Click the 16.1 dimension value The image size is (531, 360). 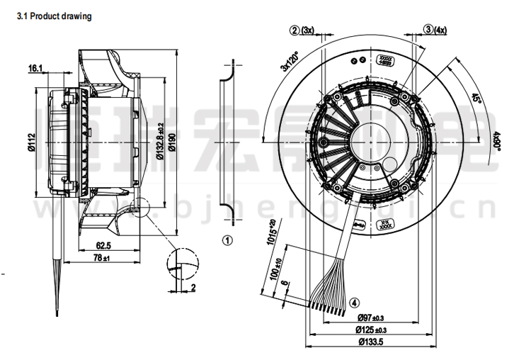coord(36,69)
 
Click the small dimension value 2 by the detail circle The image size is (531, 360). coord(193,288)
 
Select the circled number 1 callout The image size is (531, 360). coord(227,240)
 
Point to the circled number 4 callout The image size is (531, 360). coord(353,304)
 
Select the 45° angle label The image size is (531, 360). coord(478,101)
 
